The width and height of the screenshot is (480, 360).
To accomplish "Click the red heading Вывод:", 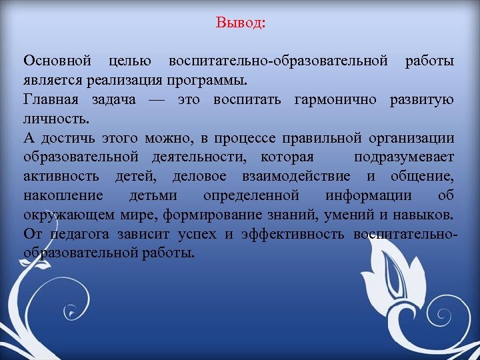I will pos(241,23).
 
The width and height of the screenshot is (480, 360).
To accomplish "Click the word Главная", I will pos(51,100).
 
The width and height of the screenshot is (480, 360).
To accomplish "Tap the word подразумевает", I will pos(404,158).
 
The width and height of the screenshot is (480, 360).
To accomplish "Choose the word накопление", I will pos(63,196).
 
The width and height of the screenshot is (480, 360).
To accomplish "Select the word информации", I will pos(369,196).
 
